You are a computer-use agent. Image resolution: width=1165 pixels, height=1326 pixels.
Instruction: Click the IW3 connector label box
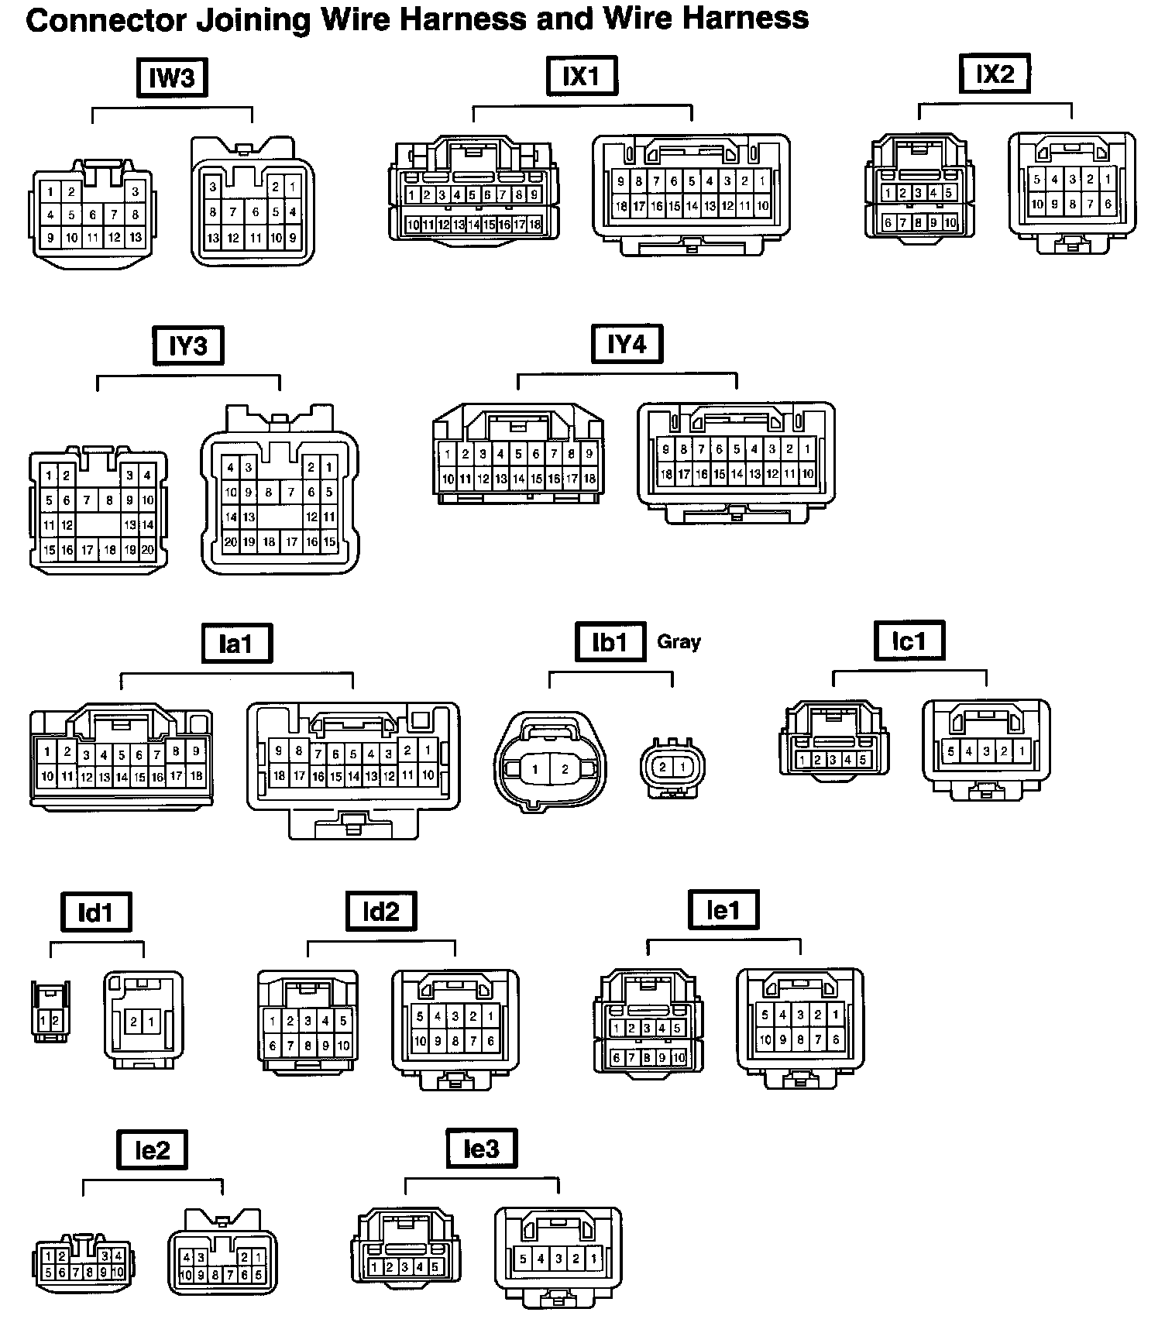point(172,77)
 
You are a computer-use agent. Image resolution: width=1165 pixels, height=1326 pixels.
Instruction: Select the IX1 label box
point(582,76)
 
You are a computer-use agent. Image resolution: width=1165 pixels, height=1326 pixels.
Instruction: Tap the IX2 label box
point(995,74)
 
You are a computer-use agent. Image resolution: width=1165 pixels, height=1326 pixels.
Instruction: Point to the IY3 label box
point(187,345)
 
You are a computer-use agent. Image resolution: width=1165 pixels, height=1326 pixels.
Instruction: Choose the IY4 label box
point(627,344)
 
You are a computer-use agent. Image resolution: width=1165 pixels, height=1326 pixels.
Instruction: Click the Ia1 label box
point(236,644)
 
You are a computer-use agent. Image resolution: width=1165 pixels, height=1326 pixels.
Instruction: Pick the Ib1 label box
point(610,642)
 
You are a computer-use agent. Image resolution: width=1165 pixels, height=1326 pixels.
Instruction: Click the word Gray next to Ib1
point(679,641)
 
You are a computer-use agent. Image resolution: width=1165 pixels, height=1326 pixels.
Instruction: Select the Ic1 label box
point(909,641)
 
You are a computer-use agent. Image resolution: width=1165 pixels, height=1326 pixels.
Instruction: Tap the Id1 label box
point(96,912)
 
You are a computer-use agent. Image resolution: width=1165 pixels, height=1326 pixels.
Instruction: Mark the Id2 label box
point(380,911)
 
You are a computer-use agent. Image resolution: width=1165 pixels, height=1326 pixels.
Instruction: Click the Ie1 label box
point(723,910)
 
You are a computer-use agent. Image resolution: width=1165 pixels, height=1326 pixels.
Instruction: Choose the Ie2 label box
point(153,1150)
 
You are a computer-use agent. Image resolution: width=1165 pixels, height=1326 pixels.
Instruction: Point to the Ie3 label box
point(481,1149)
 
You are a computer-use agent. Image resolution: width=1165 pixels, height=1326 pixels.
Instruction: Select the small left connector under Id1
point(50,1012)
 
